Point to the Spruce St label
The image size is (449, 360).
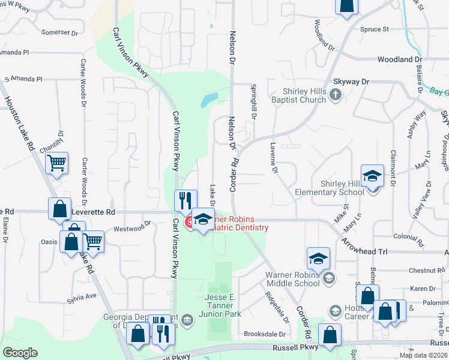(x=375, y=29)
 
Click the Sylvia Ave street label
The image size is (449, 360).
(x=82, y=296)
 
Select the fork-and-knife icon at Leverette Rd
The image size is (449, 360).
(x=185, y=200)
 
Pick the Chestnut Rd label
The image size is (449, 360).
(x=426, y=271)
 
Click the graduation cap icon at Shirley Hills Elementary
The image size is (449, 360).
(x=372, y=176)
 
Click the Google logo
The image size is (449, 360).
(x=20, y=353)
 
